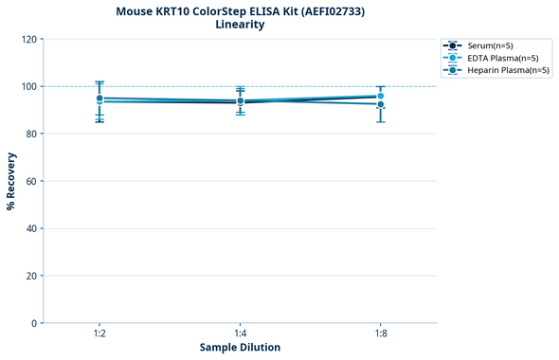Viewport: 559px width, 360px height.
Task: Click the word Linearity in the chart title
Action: tap(240, 25)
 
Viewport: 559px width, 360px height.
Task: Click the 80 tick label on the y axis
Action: tap(31, 135)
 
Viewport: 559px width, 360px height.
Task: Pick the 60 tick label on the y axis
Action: tap(31, 182)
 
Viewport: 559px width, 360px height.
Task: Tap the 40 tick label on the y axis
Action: tap(31, 229)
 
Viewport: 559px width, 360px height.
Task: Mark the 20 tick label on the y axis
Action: tap(31, 277)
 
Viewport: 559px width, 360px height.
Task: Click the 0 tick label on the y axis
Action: tap(34, 324)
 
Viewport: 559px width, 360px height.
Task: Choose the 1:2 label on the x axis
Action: tap(99, 334)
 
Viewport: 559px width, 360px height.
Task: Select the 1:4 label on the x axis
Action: tap(240, 334)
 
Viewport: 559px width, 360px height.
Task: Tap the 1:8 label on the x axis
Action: tap(380, 334)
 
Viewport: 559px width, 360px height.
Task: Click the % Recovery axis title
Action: tap(11, 181)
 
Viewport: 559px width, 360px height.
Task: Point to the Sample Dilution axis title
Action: tap(240, 348)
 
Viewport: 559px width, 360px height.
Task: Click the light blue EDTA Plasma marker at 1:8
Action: tap(380, 96)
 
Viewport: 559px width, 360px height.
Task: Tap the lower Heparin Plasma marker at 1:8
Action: tap(380, 104)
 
